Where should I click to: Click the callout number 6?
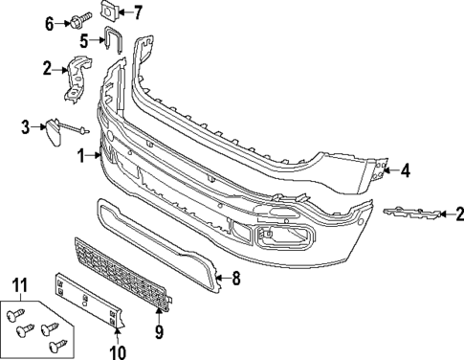point(50,24)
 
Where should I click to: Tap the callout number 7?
point(138,13)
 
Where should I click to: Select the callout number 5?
point(84,41)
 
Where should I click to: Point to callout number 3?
point(26,127)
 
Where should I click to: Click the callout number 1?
point(81,156)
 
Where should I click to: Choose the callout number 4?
point(406,170)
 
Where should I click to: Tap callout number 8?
point(236,279)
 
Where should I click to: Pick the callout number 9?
point(159,331)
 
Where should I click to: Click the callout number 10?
point(118,352)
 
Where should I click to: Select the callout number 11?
point(20,285)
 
